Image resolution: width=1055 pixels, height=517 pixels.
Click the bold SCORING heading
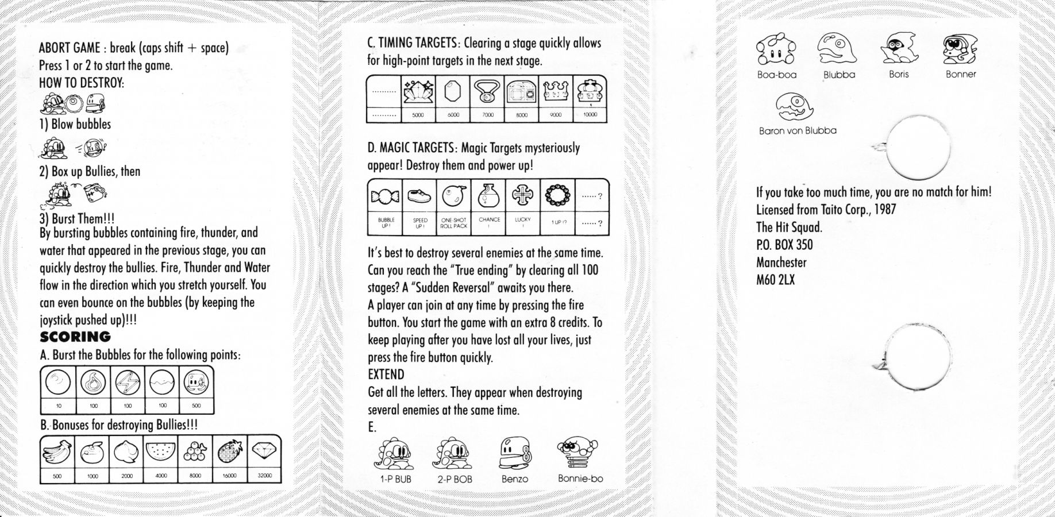(x=75, y=337)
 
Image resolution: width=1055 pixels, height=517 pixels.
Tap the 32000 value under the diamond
(x=264, y=476)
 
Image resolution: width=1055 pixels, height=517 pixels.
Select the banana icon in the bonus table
(x=57, y=452)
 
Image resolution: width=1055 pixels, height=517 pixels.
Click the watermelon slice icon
(x=161, y=452)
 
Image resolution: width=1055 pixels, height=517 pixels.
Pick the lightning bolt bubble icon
(x=128, y=382)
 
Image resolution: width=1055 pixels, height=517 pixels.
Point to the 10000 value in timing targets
(x=590, y=114)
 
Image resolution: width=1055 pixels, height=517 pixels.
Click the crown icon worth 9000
(x=556, y=91)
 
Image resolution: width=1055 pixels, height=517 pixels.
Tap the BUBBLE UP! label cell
(x=386, y=223)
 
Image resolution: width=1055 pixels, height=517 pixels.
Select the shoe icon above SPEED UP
(x=419, y=196)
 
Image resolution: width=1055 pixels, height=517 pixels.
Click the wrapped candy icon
(x=385, y=197)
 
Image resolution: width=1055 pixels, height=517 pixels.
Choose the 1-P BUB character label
(x=395, y=479)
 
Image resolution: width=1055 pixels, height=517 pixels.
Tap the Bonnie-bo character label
(x=580, y=479)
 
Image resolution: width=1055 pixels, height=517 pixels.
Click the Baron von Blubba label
(x=798, y=130)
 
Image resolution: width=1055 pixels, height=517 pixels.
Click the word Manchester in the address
(x=781, y=263)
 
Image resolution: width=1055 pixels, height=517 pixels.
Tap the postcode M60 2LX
(x=776, y=280)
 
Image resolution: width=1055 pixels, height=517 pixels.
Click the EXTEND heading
(x=386, y=375)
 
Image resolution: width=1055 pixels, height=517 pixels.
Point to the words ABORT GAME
(x=70, y=48)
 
